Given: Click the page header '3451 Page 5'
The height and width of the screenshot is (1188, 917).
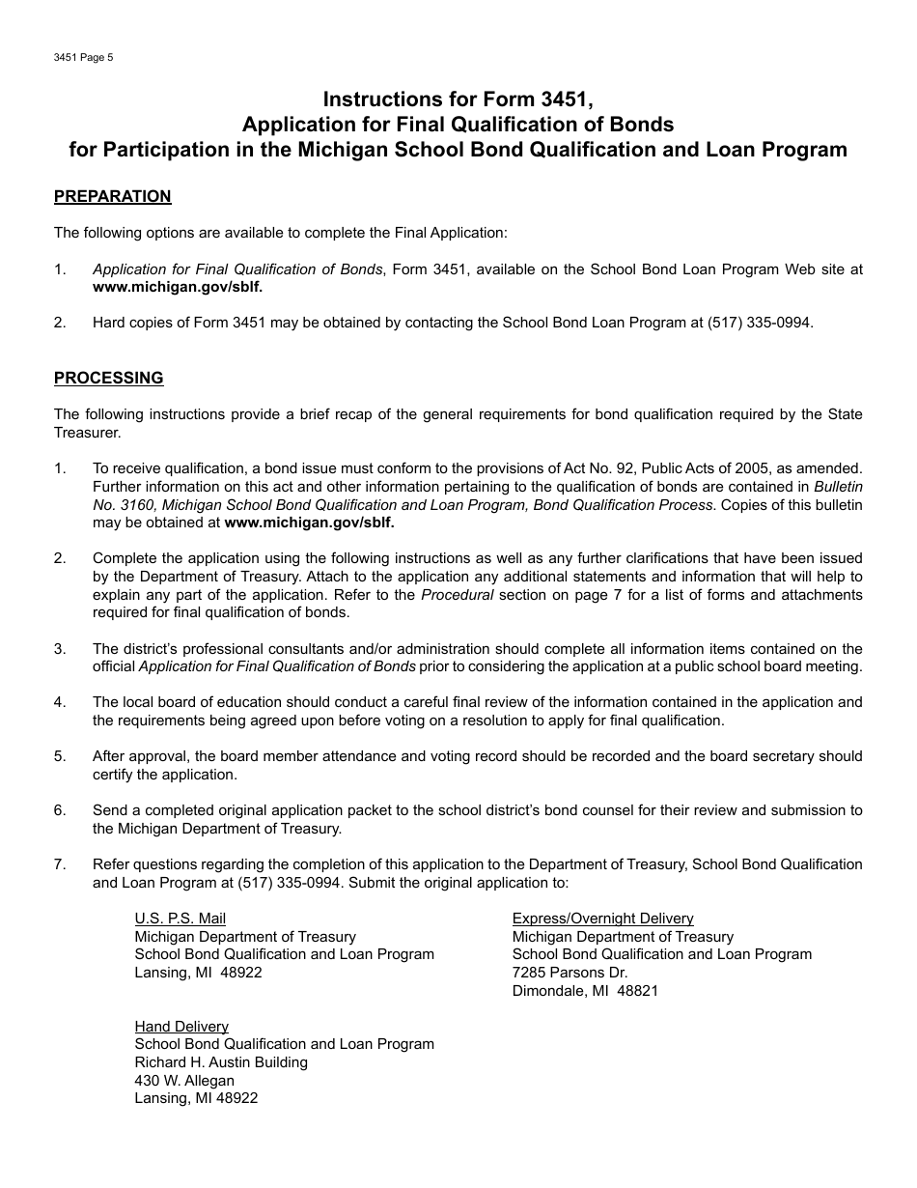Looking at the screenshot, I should tap(84, 57).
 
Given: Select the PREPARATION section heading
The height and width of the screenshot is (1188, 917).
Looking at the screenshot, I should tap(112, 196).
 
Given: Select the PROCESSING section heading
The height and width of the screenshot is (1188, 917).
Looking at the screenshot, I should tap(108, 378).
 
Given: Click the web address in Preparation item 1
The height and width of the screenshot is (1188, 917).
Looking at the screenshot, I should tap(178, 287).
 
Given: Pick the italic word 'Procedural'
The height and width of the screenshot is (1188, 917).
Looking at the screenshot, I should tap(457, 595).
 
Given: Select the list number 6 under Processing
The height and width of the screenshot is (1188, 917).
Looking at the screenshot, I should tap(60, 810).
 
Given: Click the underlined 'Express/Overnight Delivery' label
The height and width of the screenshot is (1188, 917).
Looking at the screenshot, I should tap(602, 919).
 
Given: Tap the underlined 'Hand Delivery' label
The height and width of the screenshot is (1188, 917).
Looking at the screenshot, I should tap(181, 1027).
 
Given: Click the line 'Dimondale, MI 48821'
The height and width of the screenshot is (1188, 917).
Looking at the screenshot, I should tap(585, 990).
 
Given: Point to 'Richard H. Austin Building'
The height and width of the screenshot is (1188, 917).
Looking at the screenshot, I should tap(221, 1062).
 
